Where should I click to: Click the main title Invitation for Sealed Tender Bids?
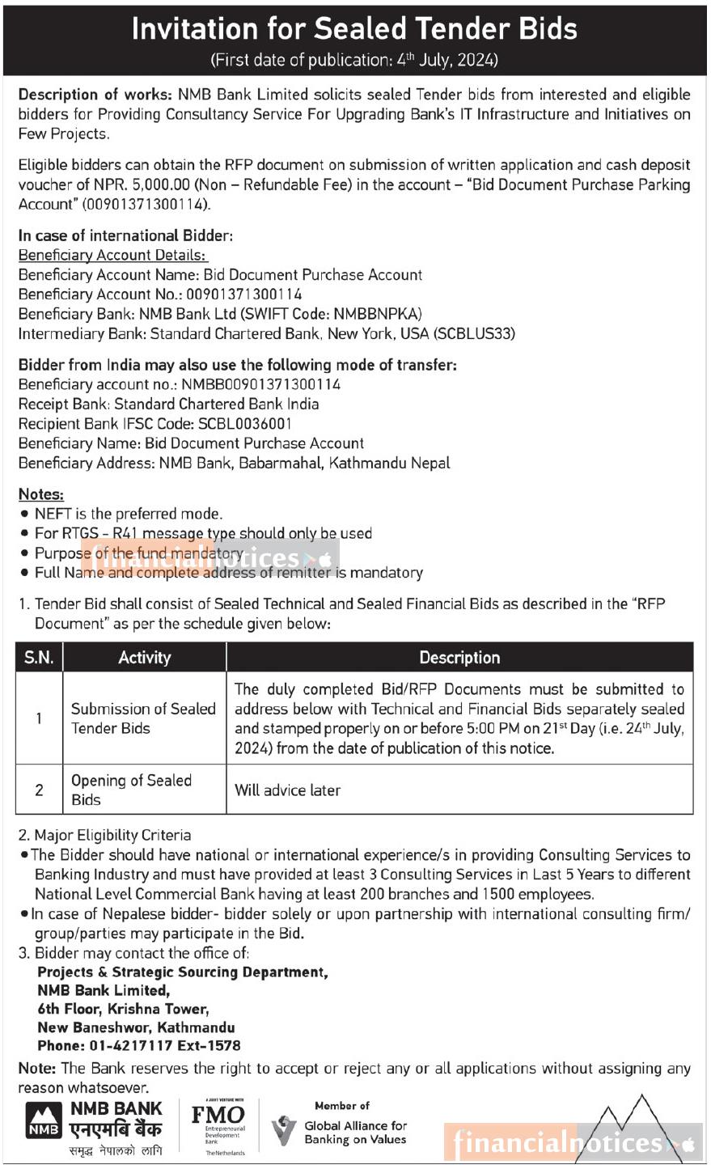coord(354,29)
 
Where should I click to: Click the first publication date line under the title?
coord(354,60)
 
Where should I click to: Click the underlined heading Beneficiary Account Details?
coord(112,255)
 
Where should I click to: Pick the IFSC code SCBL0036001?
coord(243,424)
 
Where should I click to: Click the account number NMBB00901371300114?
coord(260,384)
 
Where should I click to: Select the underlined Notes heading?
coord(40,494)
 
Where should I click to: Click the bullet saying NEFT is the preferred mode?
coord(128,514)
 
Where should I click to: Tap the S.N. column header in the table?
coord(39,658)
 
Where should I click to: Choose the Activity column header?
coord(144,658)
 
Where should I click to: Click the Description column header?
coord(459,658)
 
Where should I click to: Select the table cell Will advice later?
coord(287,790)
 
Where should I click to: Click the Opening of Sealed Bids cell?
coord(131,790)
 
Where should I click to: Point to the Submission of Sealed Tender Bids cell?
coord(143,718)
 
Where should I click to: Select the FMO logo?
coord(218,1125)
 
